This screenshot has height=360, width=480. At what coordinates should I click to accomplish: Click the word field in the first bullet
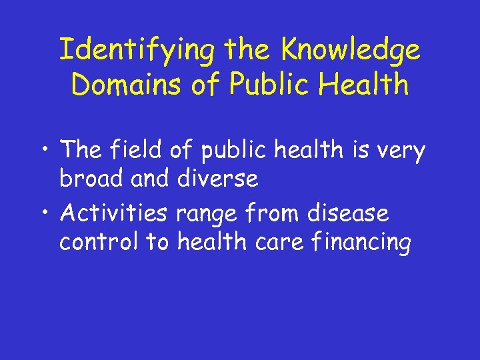(x=137, y=151)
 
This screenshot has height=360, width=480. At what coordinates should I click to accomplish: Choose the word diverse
(x=217, y=179)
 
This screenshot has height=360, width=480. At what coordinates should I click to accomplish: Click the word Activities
(x=113, y=214)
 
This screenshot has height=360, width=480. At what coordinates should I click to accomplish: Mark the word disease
(x=357, y=214)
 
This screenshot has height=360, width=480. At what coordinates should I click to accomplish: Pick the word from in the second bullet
(x=277, y=214)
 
